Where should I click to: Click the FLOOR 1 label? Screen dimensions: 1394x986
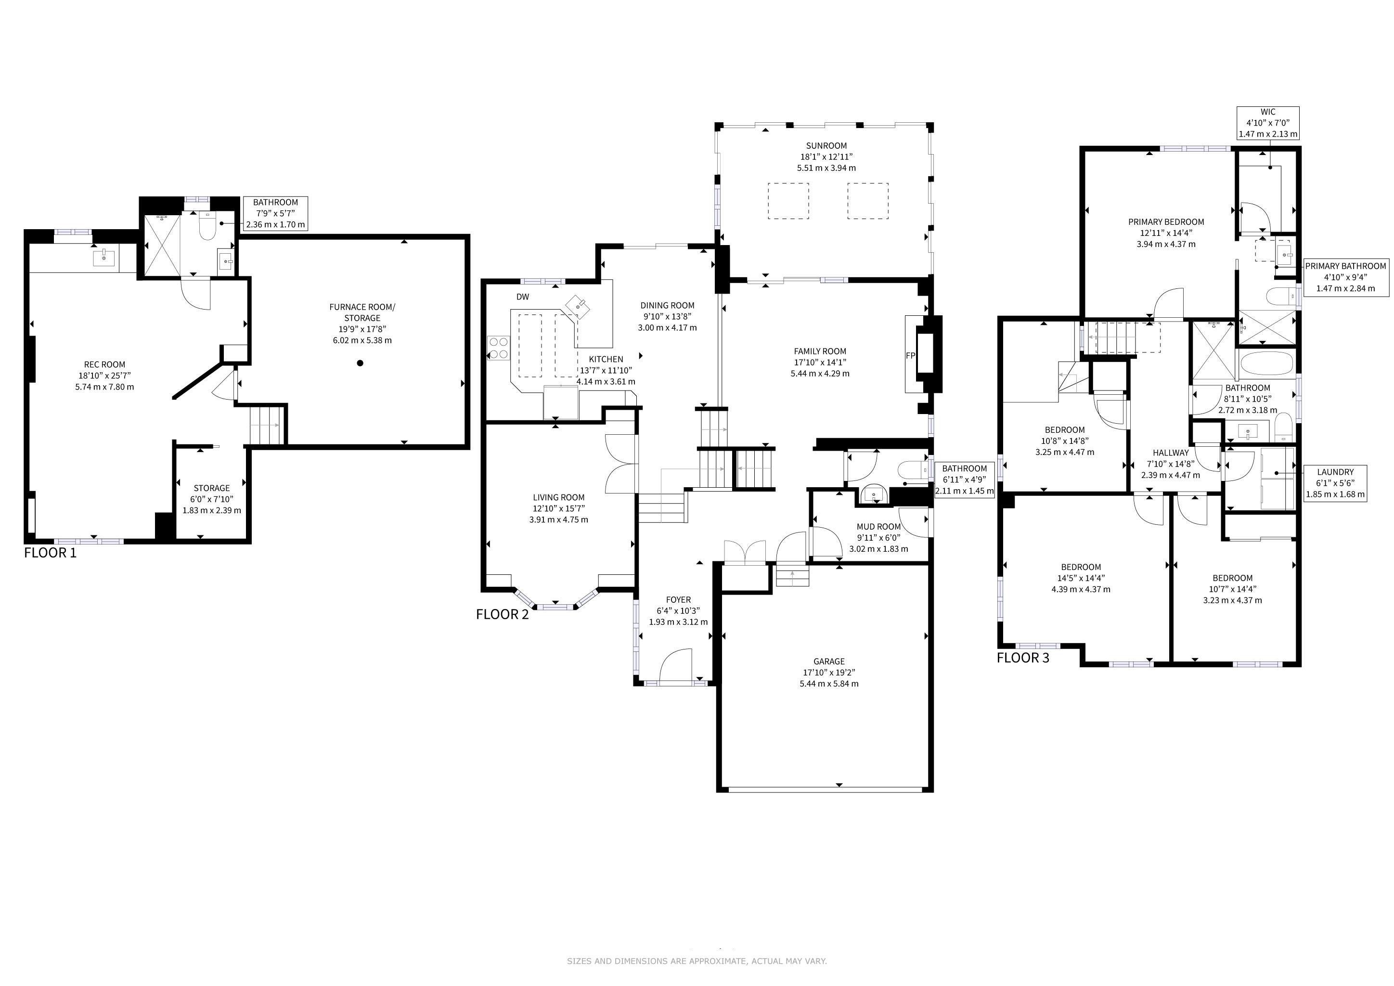[x=51, y=553]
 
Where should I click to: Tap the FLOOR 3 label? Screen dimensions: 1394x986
[x=1023, y=658]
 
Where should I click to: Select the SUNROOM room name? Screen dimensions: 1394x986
[x=826, y=146]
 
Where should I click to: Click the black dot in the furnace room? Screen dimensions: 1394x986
[x=360, y=363]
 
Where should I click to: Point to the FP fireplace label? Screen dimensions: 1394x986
[x=910, y=356]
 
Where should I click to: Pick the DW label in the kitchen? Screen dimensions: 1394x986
[x=522, y=297]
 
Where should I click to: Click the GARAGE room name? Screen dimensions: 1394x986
[x=829, y=661]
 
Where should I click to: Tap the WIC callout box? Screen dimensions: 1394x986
[x=1268, y=123]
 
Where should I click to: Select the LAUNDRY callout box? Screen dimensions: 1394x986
[x=1336, y=483]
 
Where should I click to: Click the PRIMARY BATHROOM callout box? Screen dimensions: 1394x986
[x=1345, y=277]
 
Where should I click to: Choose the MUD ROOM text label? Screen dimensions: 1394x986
[x=878, y=527]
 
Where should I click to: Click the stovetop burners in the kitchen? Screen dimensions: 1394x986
[x=499, y=348]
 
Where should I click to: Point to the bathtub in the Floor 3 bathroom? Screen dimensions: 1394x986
[x=1266, y=363]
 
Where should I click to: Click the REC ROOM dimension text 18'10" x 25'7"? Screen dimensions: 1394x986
[x=104, y=376]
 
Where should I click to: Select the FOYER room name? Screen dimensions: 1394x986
[x=678, y=600]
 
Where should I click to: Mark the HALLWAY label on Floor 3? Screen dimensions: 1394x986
[x=1171, y=453]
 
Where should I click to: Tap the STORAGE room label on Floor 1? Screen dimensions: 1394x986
[x=212, y=488]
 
